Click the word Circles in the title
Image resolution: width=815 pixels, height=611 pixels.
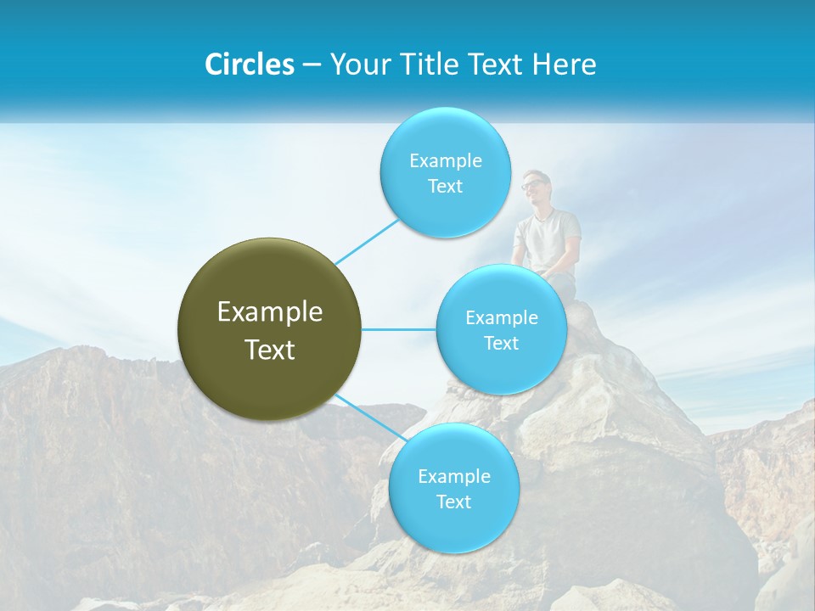tap(249, 64)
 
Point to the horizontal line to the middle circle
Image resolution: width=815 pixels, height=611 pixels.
tap(399, 329)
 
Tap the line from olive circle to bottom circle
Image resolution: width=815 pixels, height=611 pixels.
tap(368, 418)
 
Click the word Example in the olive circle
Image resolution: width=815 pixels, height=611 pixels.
tap(270, 312)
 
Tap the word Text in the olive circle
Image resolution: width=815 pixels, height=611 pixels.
tap(270, 350)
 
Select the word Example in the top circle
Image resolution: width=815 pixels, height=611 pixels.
tap(445, 160)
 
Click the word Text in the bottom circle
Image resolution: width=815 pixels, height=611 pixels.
tap(453, 502)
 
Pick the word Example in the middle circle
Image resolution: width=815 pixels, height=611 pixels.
tap(501, 317)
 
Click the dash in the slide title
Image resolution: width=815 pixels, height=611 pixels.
tap(312, 64)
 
